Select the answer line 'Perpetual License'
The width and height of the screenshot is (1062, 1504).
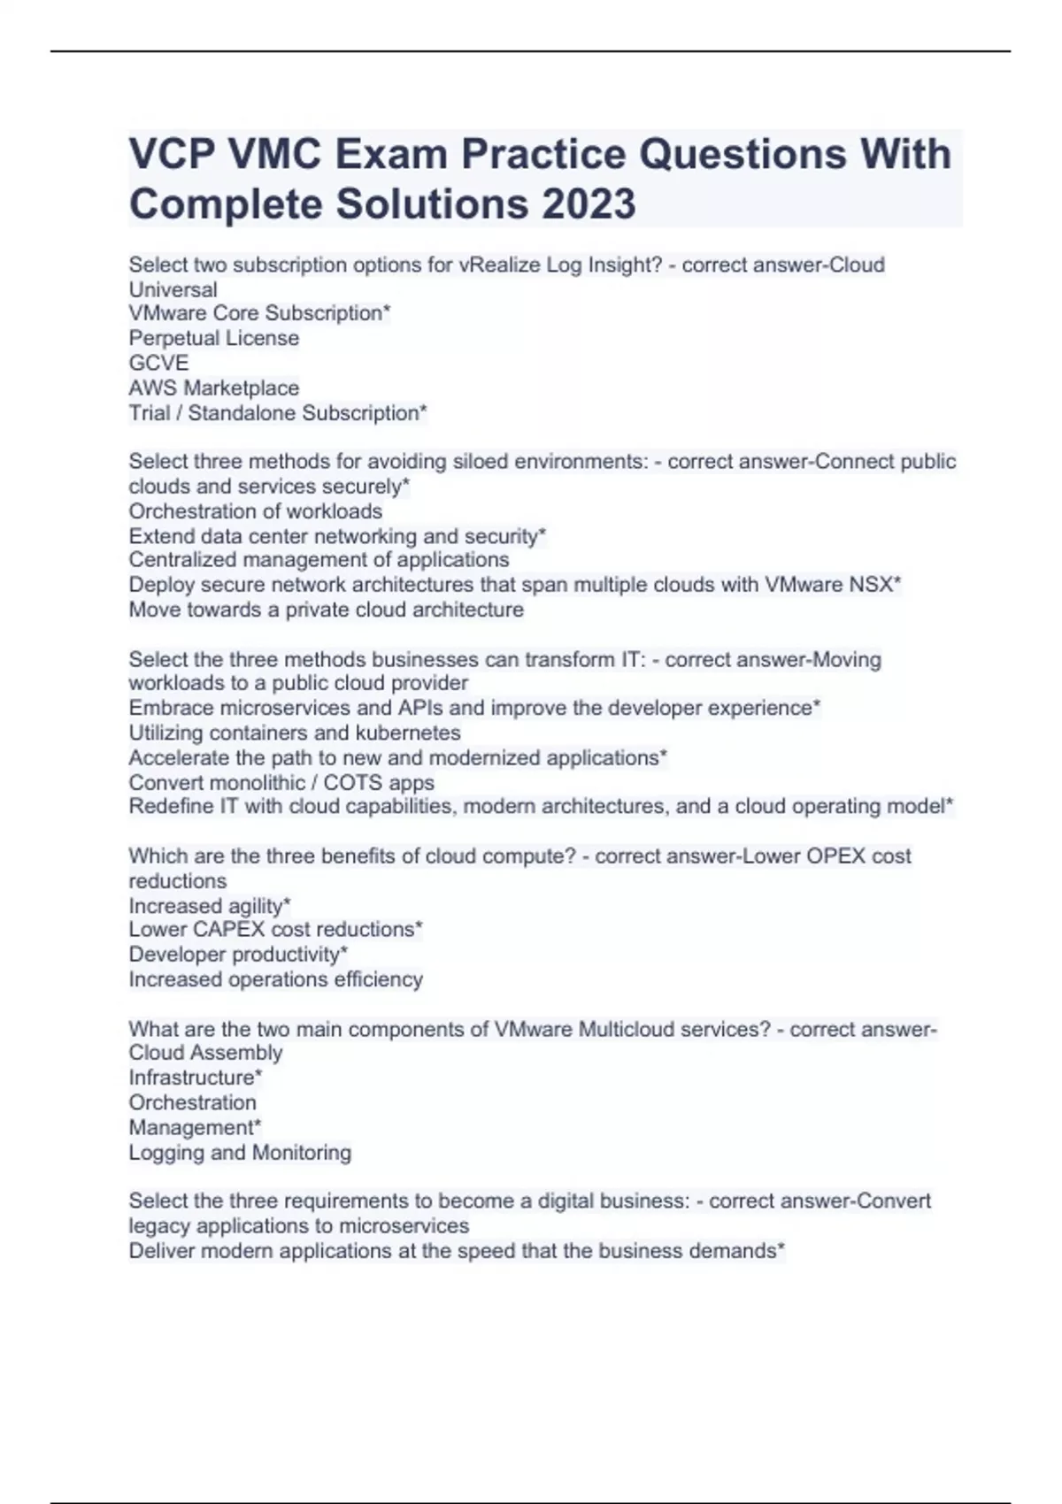click(213, 338)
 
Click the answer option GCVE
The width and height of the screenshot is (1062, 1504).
click(158, 363)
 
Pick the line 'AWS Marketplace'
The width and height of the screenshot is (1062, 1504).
click(213, 388)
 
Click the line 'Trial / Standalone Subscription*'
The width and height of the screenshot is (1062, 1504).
click(277, 412)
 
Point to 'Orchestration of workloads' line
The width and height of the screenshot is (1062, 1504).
click(255, 511)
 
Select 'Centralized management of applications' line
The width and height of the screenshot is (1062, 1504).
click(319, 560)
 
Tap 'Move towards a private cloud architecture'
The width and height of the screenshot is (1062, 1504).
click(326, 610)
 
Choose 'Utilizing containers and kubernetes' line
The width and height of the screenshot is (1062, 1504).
click(294, 733)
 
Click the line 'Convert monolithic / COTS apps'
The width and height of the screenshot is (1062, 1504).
click(281, 782)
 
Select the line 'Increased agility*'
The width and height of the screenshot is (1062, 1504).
click(209, 906)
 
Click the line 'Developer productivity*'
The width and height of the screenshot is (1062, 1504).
click(237, 955)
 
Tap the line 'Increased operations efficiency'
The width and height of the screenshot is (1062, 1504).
click(275, 979)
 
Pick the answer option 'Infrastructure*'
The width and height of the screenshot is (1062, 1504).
click(195, 1078)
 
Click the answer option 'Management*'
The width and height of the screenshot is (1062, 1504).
click(194, 1127)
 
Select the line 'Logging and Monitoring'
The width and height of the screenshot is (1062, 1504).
click(239, 1152)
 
